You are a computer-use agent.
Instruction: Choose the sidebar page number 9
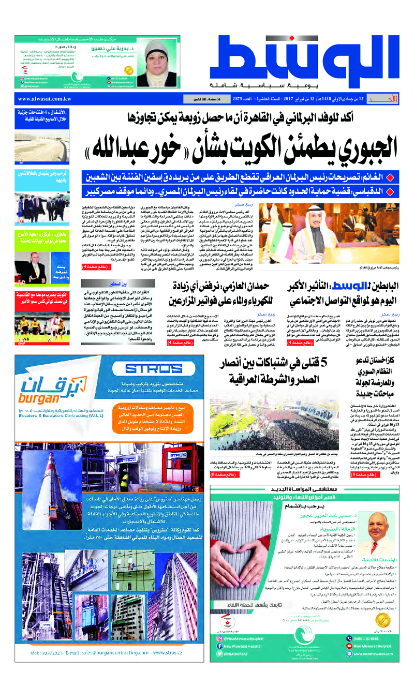coord(21,223)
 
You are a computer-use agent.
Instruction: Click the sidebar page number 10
coord(21,284)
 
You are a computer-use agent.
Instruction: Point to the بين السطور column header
coord(114,284)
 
